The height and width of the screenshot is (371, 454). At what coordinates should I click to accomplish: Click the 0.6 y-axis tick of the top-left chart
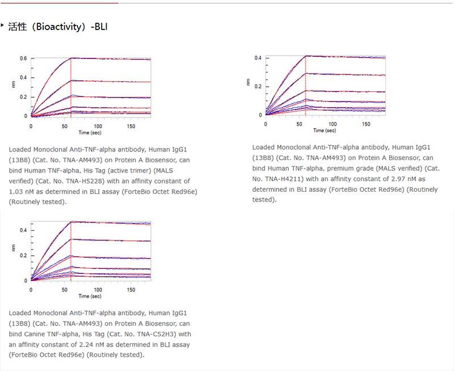pos(23,58)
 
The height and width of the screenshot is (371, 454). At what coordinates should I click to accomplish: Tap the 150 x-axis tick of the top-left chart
pos(132,125)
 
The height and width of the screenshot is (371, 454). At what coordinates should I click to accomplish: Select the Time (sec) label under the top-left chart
pos(91,132)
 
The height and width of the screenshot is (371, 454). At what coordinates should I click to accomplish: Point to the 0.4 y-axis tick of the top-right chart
pos(258,58)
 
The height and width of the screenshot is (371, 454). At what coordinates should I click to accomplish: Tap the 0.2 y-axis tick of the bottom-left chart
pos(23,255)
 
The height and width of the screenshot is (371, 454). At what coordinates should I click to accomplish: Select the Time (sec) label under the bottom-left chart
pos(91,296)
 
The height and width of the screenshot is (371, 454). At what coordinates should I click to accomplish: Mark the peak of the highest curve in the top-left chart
pos(71,58)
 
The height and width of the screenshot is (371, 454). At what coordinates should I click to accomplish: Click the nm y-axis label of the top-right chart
pos(248,82)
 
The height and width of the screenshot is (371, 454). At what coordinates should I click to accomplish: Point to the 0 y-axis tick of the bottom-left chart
pos(26,280)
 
